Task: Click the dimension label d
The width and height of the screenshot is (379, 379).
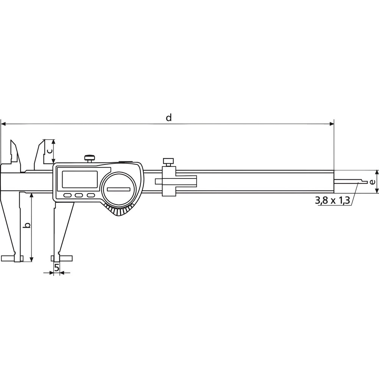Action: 169,117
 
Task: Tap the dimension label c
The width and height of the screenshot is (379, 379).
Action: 49,150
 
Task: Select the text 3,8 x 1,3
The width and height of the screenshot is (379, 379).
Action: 332,200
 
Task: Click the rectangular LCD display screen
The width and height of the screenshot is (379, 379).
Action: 80,179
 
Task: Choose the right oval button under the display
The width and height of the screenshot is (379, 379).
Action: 91,196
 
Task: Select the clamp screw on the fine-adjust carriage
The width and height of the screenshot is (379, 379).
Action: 169,161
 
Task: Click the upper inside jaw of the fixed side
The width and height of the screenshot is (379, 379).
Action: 14,151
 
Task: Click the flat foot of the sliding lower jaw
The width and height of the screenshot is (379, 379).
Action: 61,258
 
